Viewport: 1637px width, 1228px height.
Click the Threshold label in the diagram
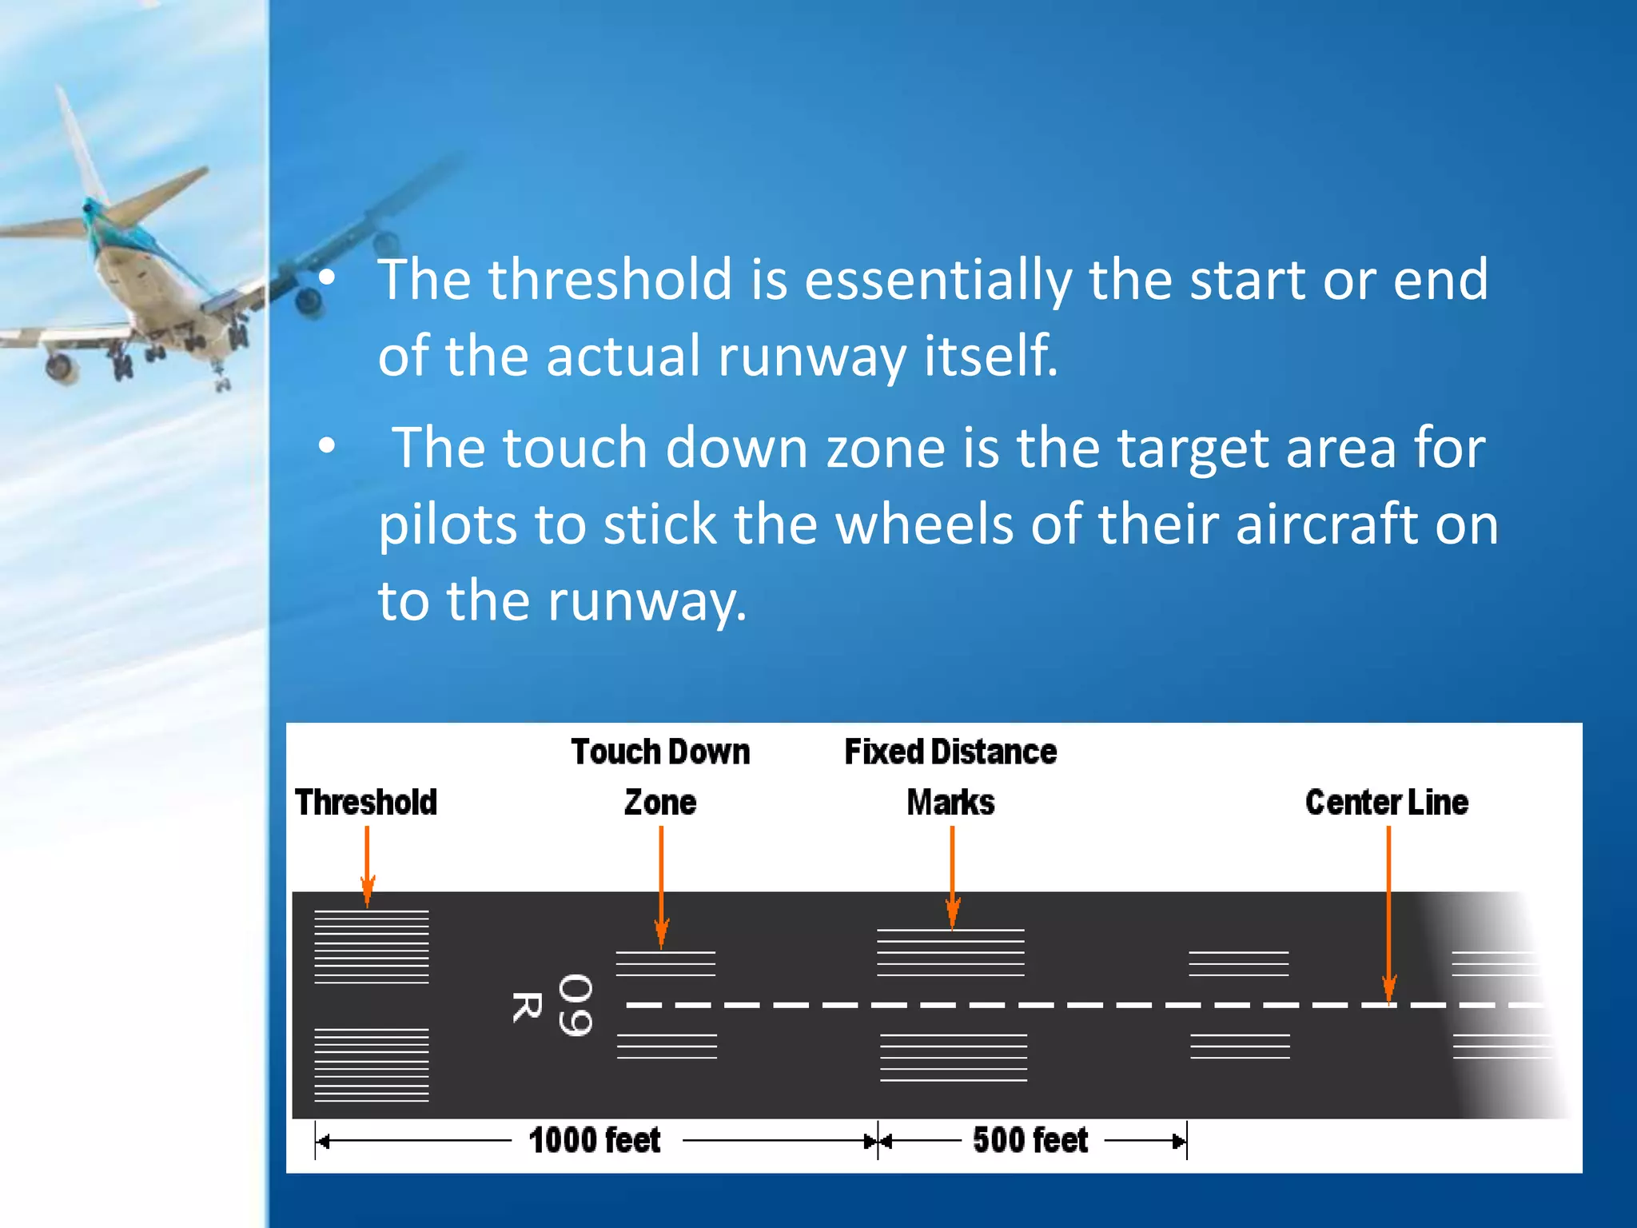click(366, 802)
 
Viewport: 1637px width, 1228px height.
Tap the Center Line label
click(1386, 802)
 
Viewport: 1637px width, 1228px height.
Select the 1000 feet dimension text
click(595, 1140)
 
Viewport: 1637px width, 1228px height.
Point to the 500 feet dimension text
click(1030, 1140)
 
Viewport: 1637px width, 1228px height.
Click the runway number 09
click(575, 1005)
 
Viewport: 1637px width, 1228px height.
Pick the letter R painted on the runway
click(526, 1007)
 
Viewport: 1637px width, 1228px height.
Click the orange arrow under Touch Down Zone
click(661, 887)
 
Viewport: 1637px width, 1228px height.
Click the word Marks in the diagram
click(950, 802)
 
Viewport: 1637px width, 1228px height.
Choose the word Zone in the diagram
click(659, 802)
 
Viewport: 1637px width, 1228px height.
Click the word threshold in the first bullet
click(610, 279)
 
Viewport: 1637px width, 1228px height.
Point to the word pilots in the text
click(447, 524)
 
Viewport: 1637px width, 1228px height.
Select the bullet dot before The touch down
click(326, 446)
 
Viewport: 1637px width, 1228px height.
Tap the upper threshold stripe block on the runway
click(372, 947)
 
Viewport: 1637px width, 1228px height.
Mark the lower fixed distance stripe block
click(953, 1057)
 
